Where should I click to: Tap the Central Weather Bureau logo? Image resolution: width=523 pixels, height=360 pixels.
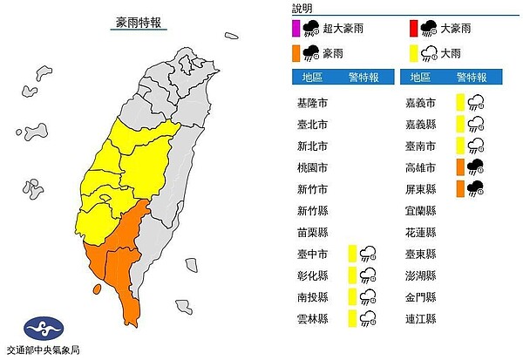coord(44,329)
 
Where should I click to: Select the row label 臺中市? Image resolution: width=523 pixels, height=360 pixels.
coord(311,254)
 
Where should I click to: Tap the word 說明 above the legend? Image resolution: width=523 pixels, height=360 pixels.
coord(302,8)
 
